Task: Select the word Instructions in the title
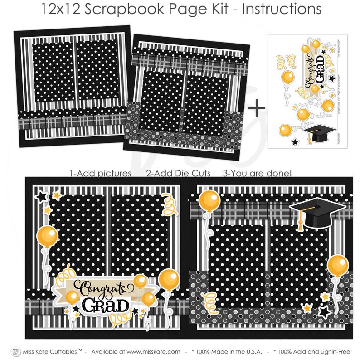281,9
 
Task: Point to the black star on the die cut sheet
295,142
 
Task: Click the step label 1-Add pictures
100,173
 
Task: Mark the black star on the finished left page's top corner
42,197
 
